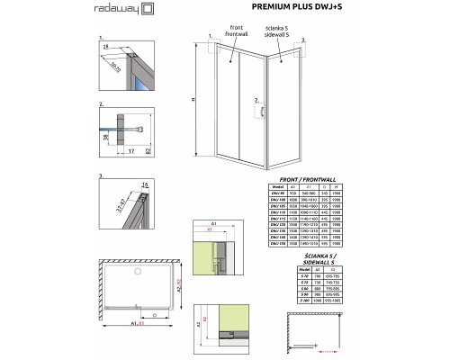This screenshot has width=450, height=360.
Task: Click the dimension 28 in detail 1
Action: coord(106,47)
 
